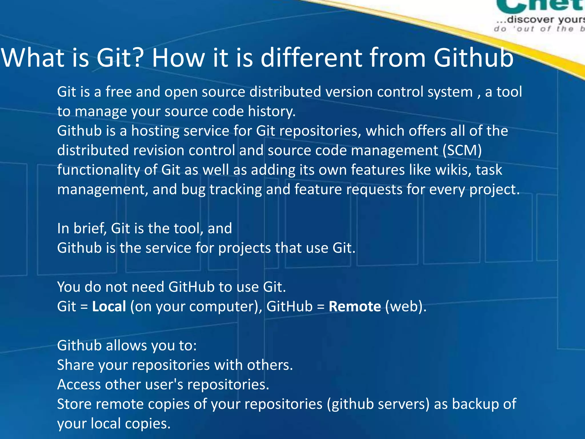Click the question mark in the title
click(135, 58)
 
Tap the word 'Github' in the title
click(473, 58)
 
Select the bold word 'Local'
click(109, 306)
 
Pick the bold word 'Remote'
click(354, 306)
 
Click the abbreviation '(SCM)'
click(462, 150)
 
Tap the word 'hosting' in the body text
click(155, 131)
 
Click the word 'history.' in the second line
click(271, 111)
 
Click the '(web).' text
click(406, 306)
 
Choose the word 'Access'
click(79, 384)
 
